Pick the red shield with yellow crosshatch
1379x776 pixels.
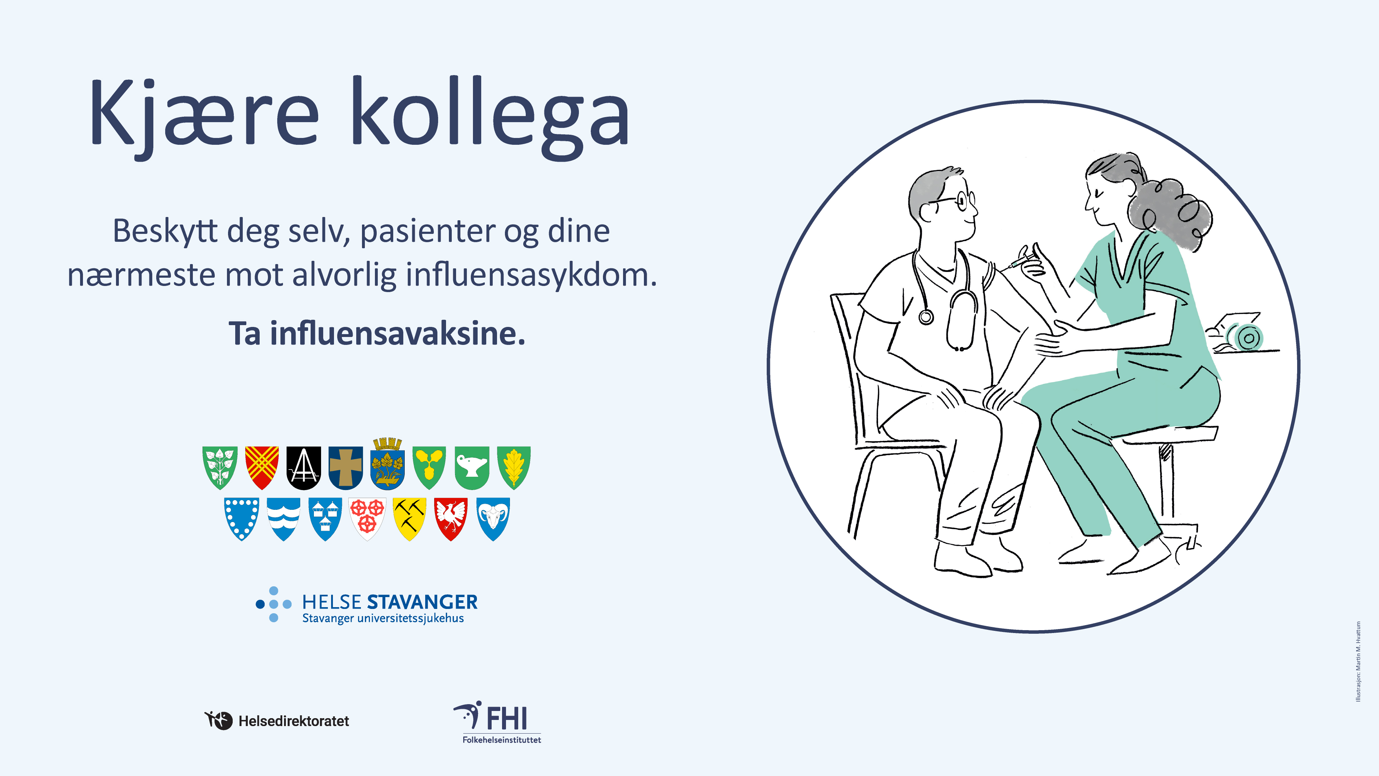pos(262,467)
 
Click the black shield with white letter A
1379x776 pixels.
pos(303,467)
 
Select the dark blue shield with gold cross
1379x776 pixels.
pos(345,467)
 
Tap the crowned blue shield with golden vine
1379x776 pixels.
pos(387,464)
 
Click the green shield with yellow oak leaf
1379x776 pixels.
pos(514,467)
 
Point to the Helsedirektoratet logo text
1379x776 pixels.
pos(294,721)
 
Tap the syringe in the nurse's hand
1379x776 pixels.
pos(1020,262)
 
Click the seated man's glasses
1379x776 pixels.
pos(958,201)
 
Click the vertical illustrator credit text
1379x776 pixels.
pos(1358,661)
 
